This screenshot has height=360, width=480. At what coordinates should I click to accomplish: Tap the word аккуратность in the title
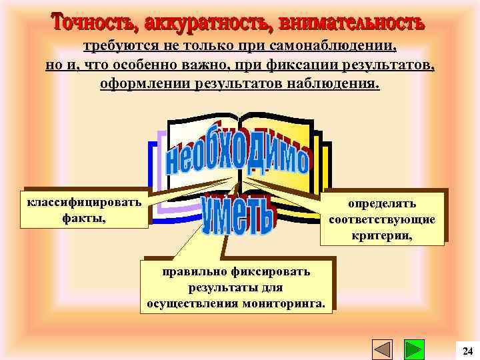[x=203, y=24]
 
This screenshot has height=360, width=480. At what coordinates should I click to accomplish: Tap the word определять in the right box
[x=382, y=203]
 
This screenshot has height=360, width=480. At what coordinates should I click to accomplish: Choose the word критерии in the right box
[x=382, y=235]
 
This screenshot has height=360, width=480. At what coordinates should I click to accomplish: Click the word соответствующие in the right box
[x=382, y=219]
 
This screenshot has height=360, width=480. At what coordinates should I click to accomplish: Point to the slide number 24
[x=467, y=351]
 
